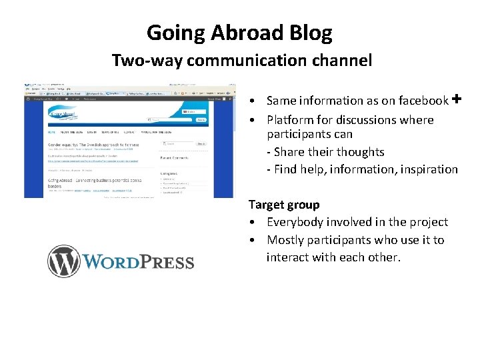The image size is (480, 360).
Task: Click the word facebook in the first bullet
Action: (x=422, y=101)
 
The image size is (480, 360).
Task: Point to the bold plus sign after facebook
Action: (x=457, y=99)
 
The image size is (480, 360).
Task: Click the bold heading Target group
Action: (x=284, y=205)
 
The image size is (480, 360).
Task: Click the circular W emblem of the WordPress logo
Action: (x=63, y=261)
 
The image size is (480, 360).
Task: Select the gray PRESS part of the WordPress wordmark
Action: (x=167, y=261)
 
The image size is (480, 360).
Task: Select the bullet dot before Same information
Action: (x=256, y=102)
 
